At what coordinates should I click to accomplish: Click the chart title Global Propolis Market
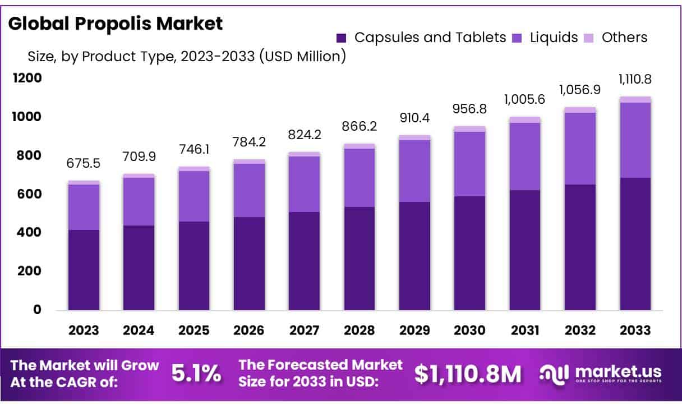coord(116,24)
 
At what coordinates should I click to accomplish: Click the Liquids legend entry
coord(545,38)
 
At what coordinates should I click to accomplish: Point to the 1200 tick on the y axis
coord(27,78)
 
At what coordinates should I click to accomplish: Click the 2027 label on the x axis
coord(305,330)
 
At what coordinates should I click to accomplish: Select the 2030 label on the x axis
coord(470,330)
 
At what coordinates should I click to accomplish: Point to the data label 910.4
coord(414,118)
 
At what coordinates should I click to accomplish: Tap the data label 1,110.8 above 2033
coord(635,79)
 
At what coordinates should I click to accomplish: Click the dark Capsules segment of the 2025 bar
coord(194,266)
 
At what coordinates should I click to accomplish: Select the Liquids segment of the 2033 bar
coord(635,140)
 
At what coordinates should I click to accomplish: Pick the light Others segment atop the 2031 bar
coord(525,119)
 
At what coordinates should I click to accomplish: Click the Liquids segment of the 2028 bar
coord(360,178)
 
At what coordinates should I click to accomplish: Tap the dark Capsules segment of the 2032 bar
coord(580,247)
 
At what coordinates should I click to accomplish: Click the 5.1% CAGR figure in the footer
coord(196,374)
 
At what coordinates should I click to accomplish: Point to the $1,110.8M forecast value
coord(468,374)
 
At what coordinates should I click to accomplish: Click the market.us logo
coord(600,373)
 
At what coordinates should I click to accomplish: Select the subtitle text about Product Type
coord(186,56)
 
